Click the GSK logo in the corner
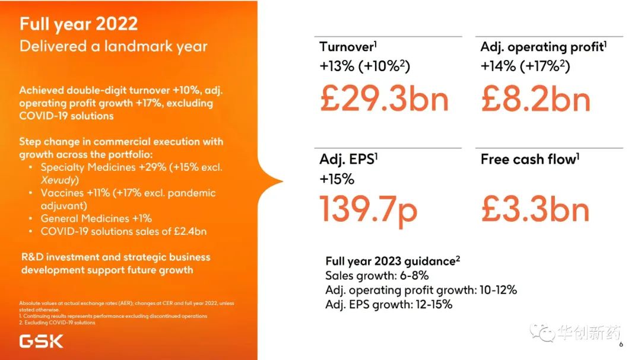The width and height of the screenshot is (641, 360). point(41,341)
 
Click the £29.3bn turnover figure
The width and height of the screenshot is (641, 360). point(384,98)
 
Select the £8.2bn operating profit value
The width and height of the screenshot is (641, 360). point(535,98)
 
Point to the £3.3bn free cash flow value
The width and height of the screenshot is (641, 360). point(535,210)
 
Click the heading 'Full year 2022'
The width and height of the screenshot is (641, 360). point(78,24)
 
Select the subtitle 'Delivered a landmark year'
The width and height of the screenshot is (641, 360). point(113,46)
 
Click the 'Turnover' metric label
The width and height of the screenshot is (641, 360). point(347,47)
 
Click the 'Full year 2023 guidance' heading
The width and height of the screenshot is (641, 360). point(392,261)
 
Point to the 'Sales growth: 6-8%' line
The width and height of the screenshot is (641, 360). point(377,276)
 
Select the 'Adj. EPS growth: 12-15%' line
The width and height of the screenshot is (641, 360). point(389,304)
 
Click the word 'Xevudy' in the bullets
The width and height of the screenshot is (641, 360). point(60,180)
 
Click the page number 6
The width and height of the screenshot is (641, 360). point(621,345)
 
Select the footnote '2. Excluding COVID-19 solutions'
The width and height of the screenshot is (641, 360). point(57,323)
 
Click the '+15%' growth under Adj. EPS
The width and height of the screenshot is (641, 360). point(337,179)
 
